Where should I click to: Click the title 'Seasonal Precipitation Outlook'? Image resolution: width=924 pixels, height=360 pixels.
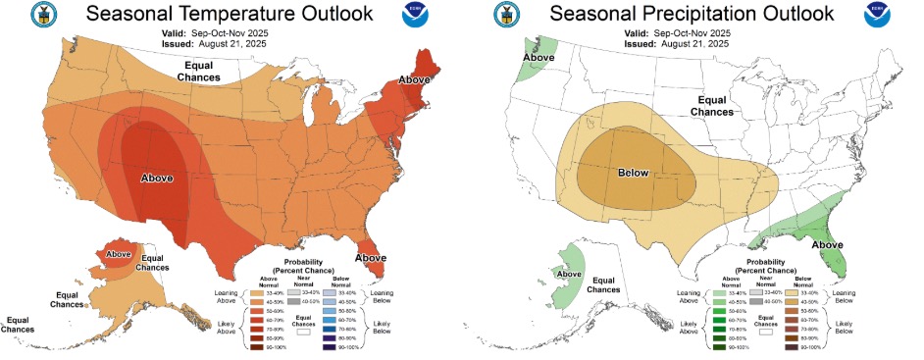(692, 14)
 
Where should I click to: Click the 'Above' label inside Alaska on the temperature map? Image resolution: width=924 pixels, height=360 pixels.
(119, 253)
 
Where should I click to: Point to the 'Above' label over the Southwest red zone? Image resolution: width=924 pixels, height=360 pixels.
(159, 178)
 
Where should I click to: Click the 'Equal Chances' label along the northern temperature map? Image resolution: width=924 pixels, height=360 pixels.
(199, 71)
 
